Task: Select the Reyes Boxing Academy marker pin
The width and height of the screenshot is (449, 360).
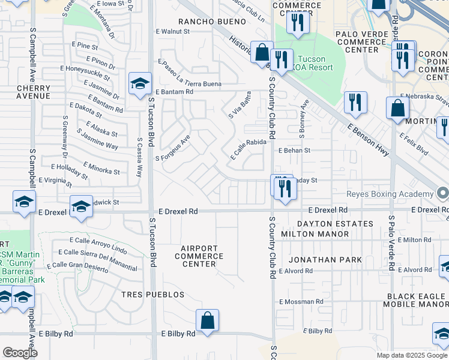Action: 442,194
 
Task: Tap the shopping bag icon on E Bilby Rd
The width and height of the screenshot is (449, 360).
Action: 207,320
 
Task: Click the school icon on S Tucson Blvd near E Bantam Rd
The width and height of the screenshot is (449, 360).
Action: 140,84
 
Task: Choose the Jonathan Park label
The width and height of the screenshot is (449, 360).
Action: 325,260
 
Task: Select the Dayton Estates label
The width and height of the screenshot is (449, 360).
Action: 335,224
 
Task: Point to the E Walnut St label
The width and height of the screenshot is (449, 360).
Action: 172,31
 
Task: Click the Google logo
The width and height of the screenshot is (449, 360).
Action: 20,352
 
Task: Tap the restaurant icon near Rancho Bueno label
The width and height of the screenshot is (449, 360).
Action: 298,23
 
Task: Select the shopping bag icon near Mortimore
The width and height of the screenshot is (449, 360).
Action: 397,109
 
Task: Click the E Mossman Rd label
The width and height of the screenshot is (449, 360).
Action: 302,302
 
